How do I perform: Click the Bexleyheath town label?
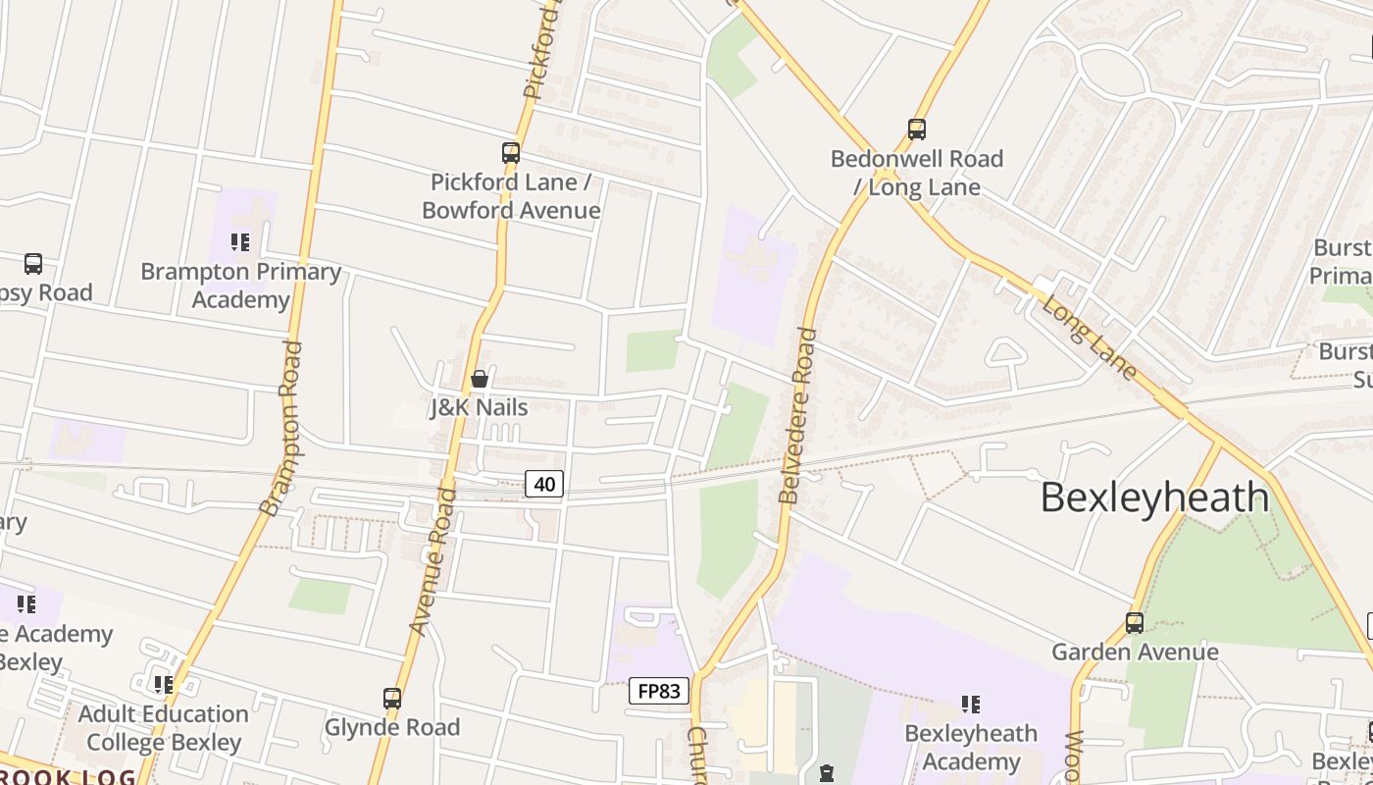point(1154,497)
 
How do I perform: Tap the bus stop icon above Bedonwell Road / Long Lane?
point(917,129)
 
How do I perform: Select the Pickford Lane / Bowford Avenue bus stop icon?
point(511,153)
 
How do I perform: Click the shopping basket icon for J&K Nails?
point(480,379)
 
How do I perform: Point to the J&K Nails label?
point(480,407)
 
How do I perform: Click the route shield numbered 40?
point(544,484)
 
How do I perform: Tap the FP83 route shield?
point(659,691)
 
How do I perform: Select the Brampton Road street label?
point(281,428)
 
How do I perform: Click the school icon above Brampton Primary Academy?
point(240,242)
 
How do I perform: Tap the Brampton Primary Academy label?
point(241,286)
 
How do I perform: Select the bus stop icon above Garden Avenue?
point(1135,623)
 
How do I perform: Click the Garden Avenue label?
point(1135,653)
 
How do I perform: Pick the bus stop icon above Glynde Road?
point(392,699)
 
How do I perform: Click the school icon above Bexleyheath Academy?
point(971,704)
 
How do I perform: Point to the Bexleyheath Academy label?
point(971,748)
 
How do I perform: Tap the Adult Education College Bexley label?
point(164,728)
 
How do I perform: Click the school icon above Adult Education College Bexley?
point(164,684)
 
